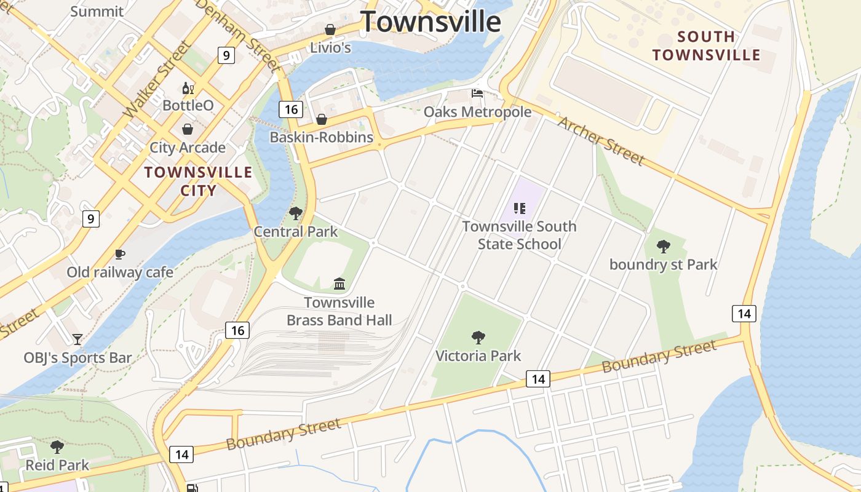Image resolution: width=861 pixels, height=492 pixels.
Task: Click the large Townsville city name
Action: (430, 22)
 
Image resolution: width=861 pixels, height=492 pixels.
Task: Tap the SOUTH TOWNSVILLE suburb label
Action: (706, 46)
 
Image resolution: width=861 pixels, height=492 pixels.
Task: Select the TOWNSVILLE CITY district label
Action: (198, 181)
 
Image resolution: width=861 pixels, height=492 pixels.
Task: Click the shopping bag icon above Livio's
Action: (330, 30)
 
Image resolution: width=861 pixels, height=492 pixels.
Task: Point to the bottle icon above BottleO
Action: (188, 89)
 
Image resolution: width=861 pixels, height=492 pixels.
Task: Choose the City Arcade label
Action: (188, 148)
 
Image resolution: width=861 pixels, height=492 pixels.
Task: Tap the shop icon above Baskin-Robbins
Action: (321, 119)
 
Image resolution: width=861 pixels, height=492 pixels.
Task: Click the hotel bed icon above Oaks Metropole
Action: (477, 93)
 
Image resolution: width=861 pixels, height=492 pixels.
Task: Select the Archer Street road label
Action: (600, 141)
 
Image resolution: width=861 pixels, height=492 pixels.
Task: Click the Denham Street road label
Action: (238, 34)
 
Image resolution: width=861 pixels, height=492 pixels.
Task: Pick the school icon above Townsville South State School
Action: (519, 208)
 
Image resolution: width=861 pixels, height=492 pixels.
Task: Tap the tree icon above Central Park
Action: (296, 213)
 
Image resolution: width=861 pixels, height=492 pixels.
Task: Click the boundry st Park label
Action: (663, 264)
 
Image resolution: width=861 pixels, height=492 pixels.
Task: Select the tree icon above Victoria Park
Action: (478, 337)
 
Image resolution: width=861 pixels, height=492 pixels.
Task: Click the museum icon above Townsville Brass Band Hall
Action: (339, 284)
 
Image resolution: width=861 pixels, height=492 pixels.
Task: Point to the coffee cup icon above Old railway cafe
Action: (120, 254)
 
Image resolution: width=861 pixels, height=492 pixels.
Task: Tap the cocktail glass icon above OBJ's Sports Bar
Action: (77, 339)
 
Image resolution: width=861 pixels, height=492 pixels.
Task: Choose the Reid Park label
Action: (57, 465)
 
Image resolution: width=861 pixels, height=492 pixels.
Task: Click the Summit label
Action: (97, 11)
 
